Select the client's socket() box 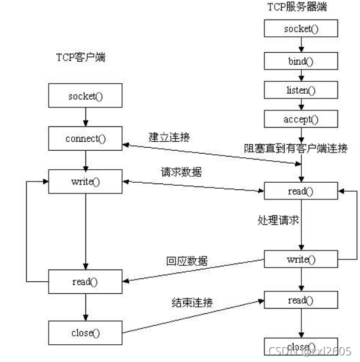click(x=86, y=96)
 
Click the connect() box click(x=86, y=139)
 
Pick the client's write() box click(x=86, y=182)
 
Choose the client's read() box click(x=86, y=281)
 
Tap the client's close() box click(x=86, y=332)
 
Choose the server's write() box click(x=302, y=259)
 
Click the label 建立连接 click(x=170, y=137)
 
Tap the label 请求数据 click(x=181, y=172)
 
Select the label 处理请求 click(x=277, y=220)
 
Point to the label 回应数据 click(x=186, y=261)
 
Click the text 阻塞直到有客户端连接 click(x=297, y=147)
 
